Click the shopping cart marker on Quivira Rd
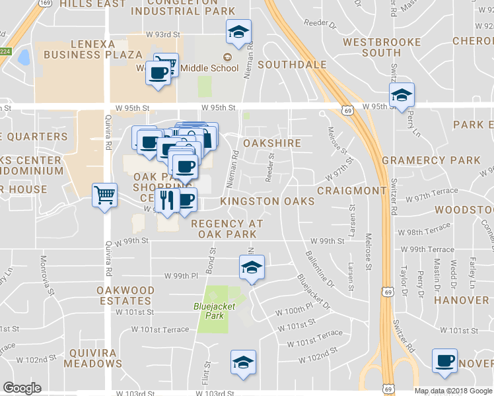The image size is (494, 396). point(104,195)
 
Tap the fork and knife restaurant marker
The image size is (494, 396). point(166,200)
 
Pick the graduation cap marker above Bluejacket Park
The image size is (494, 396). point(251,267)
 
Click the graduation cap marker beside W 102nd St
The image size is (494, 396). point(243,362)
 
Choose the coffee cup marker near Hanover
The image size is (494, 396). point(444,361)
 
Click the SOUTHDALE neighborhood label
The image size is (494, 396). point(293,65)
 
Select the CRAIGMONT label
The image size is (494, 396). point(351,190)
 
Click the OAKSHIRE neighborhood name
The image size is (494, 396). point(272,143)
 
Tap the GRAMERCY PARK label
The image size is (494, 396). point(431,160)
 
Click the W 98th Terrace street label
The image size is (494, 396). point(429,233)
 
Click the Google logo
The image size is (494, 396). point(21,388)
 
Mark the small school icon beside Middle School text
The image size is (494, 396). point(228,57)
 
